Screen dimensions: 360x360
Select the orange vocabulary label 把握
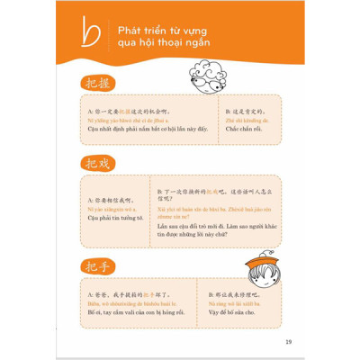click(93, 81)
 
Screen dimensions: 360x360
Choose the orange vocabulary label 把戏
click(93, 164)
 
